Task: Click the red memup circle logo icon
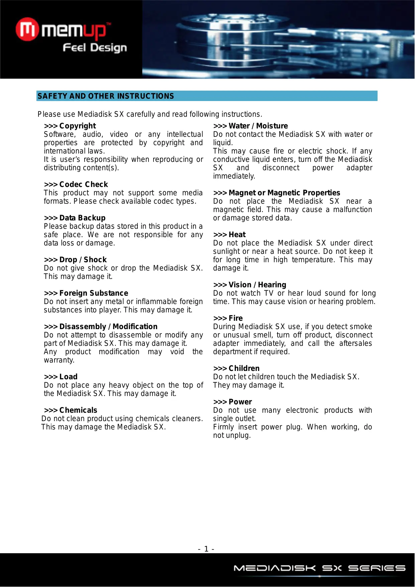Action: click(x=27, y=30)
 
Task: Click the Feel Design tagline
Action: click(x=95, y=48)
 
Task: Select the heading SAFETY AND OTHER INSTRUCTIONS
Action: click(x=106, y=96)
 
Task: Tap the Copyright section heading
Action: click(x=70, y=126)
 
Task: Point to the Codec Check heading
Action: click(x=76, y=185)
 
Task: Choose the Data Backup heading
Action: click(x=75, y=218)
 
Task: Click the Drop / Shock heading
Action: click(x=75, y=260)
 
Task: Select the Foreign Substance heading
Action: click(x=86, y=293)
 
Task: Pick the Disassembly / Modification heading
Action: click(x=101, y=327)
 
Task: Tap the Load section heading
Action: click(x=61, y=377)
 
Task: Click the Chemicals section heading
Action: click(x=71, y=410)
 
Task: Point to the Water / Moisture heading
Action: click(x=250, y=126)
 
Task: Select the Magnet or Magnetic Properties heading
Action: click(x=277, y=193)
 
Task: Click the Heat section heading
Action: click(x=229, y=235)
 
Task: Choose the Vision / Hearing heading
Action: click(x=250, y=285)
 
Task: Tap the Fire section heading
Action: click(x=228, y=318)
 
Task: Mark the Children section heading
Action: click(x=236, y=369)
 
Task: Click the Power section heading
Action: click(x=233, y=402)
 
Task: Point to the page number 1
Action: click(x=206, y=549)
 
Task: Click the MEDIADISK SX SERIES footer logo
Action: click(x=319, y=568)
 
